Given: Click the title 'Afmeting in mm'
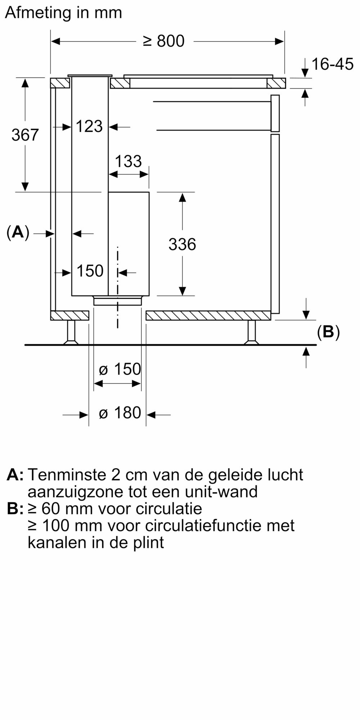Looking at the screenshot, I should tap(64, 13).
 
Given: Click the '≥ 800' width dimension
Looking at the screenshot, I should tap(164, 41).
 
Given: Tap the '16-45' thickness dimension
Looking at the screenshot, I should tap(332, 64).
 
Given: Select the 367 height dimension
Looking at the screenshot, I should tap(25, 135).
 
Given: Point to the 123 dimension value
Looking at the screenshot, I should tap(89, 126).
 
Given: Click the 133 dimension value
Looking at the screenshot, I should tap(128, 162).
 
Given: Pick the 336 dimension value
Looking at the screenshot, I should tap(182, 244).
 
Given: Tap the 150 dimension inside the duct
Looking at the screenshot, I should tap(90, 271).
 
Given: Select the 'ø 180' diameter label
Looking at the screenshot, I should tap(120, 413).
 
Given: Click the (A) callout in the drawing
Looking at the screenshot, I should tap(18, 233).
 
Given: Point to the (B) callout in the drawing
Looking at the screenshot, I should tap(328, 332).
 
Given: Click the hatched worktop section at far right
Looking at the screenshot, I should tap(276, 84).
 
